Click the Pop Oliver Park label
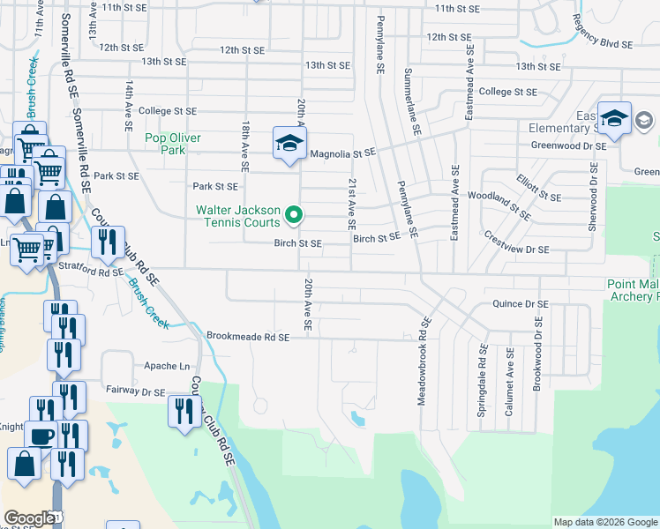pyautogui.click(x=173, y=144)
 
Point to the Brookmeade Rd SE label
pyautogui.click(x=248, y=336)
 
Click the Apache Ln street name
pyautogui.click(x=167, y=365)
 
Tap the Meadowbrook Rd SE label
pyautogui.click(x=423, y=361)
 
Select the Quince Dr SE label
pyautogui.click(x=521, y=304)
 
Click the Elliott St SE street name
pyautogui.click(x=538, y=187)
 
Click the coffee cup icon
pyautogui.click(x=42, y=435)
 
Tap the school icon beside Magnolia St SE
pyautogui.click(x=289, y=145)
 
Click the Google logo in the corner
pyautogui.click(x=29, y=518)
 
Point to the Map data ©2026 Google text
pyautogui.click(x=604, y=522)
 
